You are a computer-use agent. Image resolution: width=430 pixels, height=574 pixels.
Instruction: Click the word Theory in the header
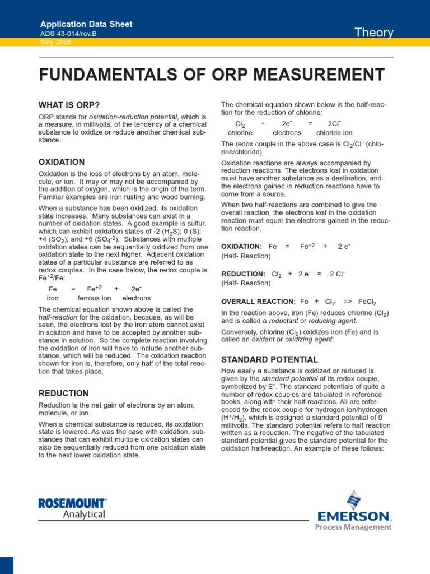tap(375, 33)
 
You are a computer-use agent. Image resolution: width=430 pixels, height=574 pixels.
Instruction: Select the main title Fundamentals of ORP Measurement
tap(212, 75)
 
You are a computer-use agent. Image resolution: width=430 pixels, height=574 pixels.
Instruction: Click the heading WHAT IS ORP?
tap(69, 105)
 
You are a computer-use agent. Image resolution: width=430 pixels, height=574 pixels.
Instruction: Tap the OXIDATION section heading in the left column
tap(62, 162)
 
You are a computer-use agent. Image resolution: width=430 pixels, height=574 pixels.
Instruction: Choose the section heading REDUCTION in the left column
tap(63, 394)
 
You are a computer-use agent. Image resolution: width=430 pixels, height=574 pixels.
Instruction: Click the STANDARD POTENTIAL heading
tap(270, 359)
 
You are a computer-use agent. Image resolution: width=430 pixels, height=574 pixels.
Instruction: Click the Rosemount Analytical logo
tap(72, 508)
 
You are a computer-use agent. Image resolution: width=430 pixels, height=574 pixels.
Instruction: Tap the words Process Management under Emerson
tap(353, 527)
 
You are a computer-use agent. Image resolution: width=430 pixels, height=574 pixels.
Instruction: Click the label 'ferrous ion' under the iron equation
tap(94, 298)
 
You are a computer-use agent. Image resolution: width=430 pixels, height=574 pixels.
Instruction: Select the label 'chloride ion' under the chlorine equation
tap(334, 133)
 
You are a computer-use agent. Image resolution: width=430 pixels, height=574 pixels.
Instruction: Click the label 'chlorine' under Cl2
tap(240, 133)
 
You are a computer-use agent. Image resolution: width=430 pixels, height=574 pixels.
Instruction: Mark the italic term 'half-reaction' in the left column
tap(56, 317)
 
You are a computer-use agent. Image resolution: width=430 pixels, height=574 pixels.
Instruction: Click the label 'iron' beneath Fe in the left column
tap(53, 298)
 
